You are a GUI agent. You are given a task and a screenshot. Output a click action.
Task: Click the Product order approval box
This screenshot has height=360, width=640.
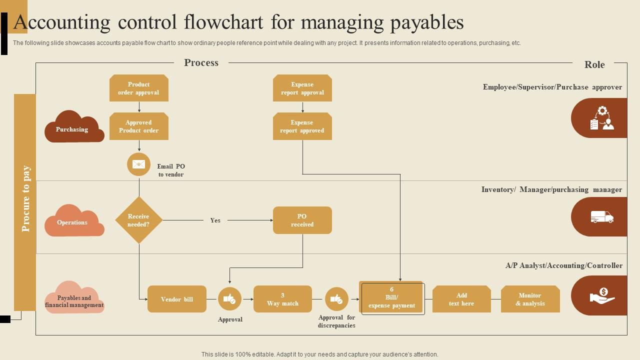pyautogui.click(x=138, y=88)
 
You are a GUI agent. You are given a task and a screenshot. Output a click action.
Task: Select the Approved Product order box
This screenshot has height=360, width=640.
pyautogui.click(x=138, y=126)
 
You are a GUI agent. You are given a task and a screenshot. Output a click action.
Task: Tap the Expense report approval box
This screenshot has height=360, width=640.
pyautogui.click(x=302, y=88)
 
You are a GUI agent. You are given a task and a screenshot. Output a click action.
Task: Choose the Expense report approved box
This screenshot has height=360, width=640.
pyautogui.click(x=302, y=126)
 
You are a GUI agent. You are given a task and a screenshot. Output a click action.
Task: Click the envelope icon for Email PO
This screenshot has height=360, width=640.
pyautogui.click(x=138, y=164)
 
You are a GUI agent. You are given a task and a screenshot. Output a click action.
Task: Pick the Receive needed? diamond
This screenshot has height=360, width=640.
pyautogui.click(x=138, y=220)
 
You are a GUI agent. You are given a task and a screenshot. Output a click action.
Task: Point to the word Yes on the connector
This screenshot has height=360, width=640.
pyautogui.click(x=215, y=220)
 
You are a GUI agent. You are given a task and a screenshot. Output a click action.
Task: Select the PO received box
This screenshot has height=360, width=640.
pyautogui.click(x=302, y=220)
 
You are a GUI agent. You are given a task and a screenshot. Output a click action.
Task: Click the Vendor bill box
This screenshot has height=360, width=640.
pyautogui.click(x=176, y=299)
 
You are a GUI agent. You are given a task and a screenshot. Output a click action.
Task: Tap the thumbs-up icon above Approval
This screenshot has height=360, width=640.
pyautogui.click(x=229, y=299)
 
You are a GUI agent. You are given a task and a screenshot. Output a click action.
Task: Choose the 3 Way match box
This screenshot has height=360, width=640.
pyautogui.click(x=282, y=299)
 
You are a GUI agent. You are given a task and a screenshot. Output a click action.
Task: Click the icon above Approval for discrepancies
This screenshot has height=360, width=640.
pyautogui.click(x=336, y=299)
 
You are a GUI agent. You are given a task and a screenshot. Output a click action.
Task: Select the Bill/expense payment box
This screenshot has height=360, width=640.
pyautogui.click(x=391, y=298)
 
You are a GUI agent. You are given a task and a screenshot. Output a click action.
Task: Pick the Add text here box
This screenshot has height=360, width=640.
pyautogui.click(x=461, y=299)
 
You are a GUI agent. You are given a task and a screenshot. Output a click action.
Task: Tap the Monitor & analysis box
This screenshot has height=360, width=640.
pyautogui.click(x=530, y=299)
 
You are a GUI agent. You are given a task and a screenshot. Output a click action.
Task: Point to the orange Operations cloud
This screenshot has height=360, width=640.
pyautogui.click(x=73, y=222)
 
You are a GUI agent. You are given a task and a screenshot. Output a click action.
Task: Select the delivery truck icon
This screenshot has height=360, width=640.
pyautogui.click(x=601, y=217)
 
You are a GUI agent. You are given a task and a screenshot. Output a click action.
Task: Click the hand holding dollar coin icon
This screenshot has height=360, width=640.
pyautogui.click(x=602, y=295)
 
